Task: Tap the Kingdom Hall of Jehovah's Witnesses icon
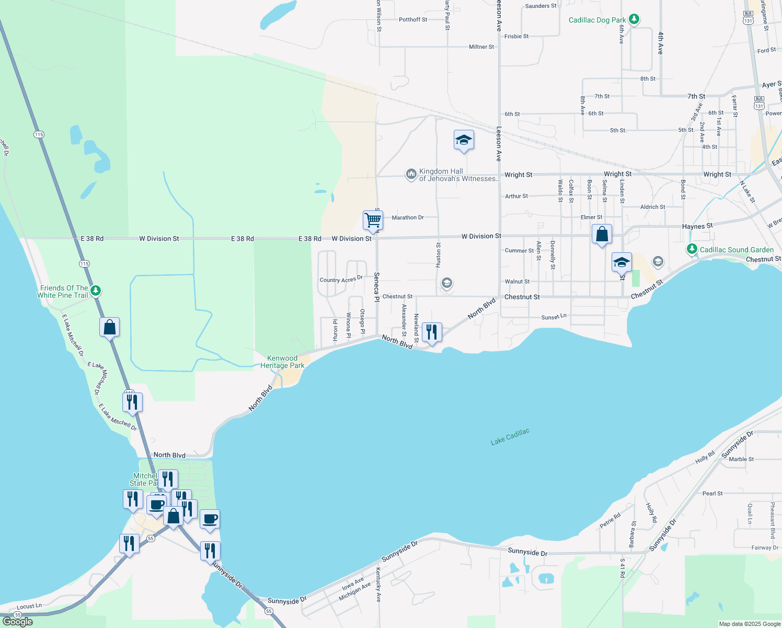pos(411,174)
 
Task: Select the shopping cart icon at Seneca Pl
pos(373,220)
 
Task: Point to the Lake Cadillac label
pos(510,437)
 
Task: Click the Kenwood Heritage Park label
pos(282,362)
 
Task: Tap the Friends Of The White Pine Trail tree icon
pos(95,290)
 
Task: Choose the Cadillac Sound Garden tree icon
pos(692,249)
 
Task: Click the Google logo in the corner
pos(17,622)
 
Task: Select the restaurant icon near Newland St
pos(432,332)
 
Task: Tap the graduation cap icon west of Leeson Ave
pos(464,140)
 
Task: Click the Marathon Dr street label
pos(408,218)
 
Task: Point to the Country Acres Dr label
pos(341,279)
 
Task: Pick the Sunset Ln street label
pos(554,317)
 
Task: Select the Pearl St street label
pos(712,494)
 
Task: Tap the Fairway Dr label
pos(765,548)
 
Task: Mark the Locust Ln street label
pos(29,606)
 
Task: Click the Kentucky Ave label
pos(378,585)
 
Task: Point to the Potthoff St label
pos(413,20)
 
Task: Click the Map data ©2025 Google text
pos(750,624)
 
